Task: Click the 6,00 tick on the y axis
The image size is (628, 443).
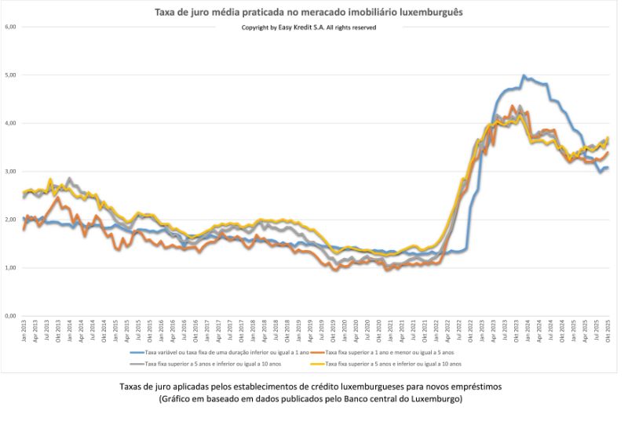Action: point(11,27)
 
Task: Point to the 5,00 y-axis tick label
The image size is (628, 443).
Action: point(11,75)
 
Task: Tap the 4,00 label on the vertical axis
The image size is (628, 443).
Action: point(11,123)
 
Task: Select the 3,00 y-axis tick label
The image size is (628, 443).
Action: point(11,172)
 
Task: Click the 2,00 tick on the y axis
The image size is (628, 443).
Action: point(11,220)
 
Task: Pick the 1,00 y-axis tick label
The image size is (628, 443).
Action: point(11,268)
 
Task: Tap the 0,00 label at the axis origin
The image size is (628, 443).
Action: point(11,316)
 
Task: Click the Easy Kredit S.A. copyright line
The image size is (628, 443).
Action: point(309,27)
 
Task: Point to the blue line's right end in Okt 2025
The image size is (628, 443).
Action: point(608,167)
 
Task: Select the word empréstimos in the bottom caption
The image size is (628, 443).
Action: point(476,387)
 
